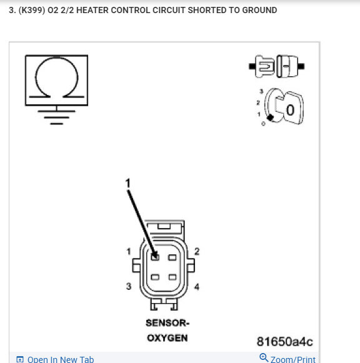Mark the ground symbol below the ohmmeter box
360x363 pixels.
pyautogui.click(x=56, y=116)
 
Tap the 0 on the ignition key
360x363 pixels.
pyautogui.click(x=289, y=111)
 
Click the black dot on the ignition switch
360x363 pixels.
pyautogui.click(x=269, y=117)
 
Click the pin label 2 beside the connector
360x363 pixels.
pyautogui.click(x=196, y=251)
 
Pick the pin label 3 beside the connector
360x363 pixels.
pyautogui.click(x=128, y=286)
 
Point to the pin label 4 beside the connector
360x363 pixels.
pyautogui.click(x=196, y=287)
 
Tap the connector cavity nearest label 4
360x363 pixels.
pyautogui.click(x=173, y=277)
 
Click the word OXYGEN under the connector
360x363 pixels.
pyautogui.click(x=166, y=338)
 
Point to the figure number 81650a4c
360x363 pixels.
pyautogui.click(x=284, y=341)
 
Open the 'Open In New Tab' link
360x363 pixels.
pyautogui.click(x=60, y=359)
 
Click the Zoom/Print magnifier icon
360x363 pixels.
pyautogui.click(x=264, y=358)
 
